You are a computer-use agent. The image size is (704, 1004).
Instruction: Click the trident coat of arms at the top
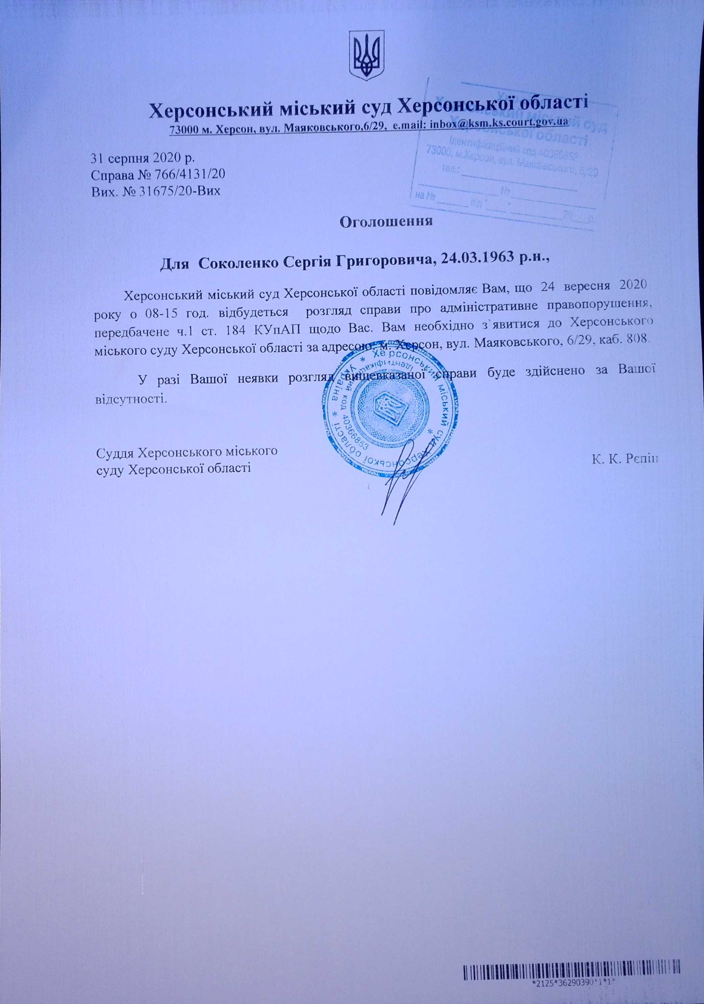[x=368, y=55]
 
